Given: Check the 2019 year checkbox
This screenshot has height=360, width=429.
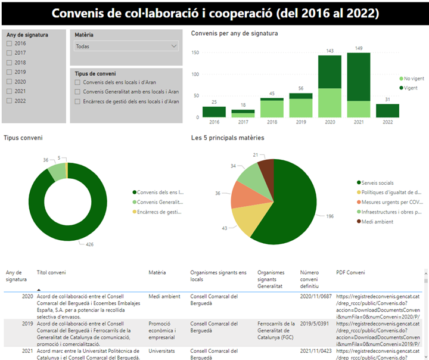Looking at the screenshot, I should [10, 72].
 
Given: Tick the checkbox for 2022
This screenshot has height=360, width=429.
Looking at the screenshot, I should [10, 101].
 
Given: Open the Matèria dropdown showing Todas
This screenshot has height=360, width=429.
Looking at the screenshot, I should [126, 46].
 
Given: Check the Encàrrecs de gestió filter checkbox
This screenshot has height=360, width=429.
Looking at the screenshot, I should [77, 101].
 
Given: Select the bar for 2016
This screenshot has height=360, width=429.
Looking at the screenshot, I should [214, 112].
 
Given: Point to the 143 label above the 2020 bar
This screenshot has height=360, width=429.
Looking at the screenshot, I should [325, 51].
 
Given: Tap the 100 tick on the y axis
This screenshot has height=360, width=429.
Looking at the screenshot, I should [195, 75].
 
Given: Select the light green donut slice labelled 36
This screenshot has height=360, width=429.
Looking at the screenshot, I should [57, 171].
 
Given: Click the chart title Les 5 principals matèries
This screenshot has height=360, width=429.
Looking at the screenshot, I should [228, 138].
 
